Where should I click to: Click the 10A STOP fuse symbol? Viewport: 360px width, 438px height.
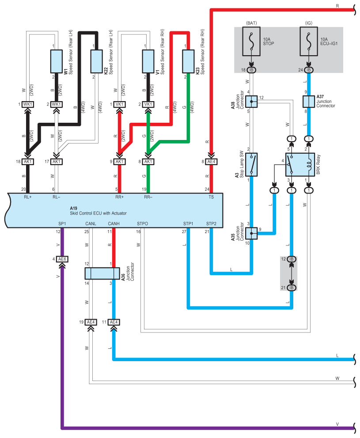tap(251, 42)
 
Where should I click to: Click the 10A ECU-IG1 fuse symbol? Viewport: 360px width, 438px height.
tap(309, 42)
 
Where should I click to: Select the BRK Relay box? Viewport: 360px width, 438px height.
tap(300, 165)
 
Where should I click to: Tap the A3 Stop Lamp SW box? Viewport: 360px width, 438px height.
tap(251, 165)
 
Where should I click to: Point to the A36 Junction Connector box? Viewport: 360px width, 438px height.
tap(102, 273)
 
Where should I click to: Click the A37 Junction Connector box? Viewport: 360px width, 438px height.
tap(309, 102)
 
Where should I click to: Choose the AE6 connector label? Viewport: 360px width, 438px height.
tap(62, 259)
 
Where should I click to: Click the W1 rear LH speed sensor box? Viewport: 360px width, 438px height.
tap(57, 61)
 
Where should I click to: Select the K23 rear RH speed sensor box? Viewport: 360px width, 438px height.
tap(188, 61)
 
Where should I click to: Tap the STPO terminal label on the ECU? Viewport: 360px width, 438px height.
tap(142, 224)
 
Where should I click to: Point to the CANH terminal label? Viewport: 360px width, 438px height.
tap(114, 224)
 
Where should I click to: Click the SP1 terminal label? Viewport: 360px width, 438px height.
tap(62, 224)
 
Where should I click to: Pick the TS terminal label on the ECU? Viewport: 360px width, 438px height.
tap(211, 197)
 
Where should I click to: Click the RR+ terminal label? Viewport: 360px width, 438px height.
tap(119, 197)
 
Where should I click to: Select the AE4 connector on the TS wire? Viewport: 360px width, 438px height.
tap(211, 162)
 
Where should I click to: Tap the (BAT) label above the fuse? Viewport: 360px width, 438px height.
tap(251, 23)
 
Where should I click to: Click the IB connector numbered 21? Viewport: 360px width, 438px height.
tap(291, 288)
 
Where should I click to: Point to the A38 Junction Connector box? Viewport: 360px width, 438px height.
tap(251, 102)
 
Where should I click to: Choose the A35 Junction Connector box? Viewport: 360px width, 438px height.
tap(251, 233)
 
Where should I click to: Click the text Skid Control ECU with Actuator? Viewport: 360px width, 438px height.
tap(98, 213)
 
